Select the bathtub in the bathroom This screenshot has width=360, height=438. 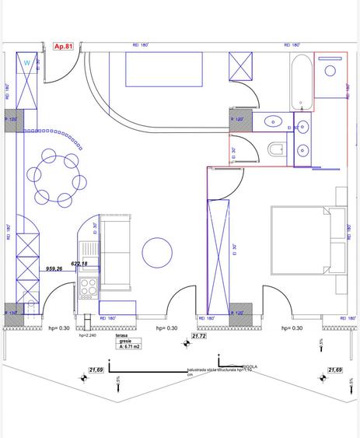(301, 82)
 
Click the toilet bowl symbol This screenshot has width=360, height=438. (275, 148)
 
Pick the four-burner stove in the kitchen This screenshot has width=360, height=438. (88, 289)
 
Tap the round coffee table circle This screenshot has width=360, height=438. (158, 252)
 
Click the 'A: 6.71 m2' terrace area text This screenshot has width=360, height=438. (125, 346)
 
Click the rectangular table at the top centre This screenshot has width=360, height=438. (163, 72)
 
